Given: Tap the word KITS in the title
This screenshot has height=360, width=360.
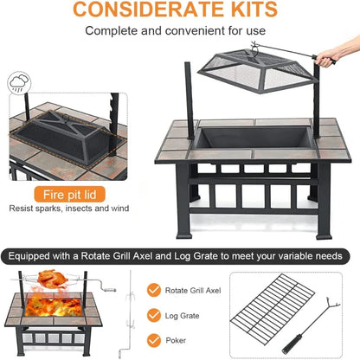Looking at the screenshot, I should (x=249, y=10).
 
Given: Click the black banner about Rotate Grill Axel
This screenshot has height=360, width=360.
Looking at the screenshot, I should (x=179, y=256).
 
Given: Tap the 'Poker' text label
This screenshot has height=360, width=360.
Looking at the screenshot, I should (x=184, y=341).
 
